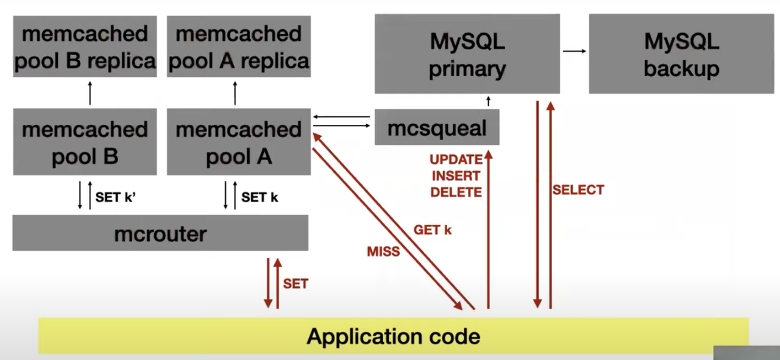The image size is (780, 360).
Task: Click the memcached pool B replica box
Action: pos(85,46)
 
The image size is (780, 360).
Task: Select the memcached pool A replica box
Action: pos(238,46)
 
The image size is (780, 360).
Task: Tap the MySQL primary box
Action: pos(467,55)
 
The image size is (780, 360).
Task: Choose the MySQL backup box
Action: pos(681,55)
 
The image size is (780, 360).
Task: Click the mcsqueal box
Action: pos(437,127)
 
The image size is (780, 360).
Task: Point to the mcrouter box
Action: pos(160,233)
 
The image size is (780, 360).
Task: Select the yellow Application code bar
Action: pos(393,336)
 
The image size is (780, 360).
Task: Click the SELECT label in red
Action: pos(578,190)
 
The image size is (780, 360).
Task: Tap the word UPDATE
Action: pos(456,160)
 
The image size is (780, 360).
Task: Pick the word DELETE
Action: pos(456,192)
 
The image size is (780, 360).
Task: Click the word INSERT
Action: pos(456,176)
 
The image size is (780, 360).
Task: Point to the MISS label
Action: pos(383,251)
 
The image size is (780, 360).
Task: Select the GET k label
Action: pos(433,230)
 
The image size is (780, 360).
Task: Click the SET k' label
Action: pos(115,197)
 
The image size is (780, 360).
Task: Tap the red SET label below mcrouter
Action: pos(296,284)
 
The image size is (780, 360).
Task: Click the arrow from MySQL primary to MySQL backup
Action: pos(574,51)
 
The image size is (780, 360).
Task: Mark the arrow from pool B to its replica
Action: pos(90,93)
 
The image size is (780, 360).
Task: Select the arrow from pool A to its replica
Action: pos(235,93)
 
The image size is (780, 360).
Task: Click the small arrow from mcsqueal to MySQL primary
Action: pos(487,102)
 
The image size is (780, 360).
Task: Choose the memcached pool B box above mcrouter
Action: pos(85,142)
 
